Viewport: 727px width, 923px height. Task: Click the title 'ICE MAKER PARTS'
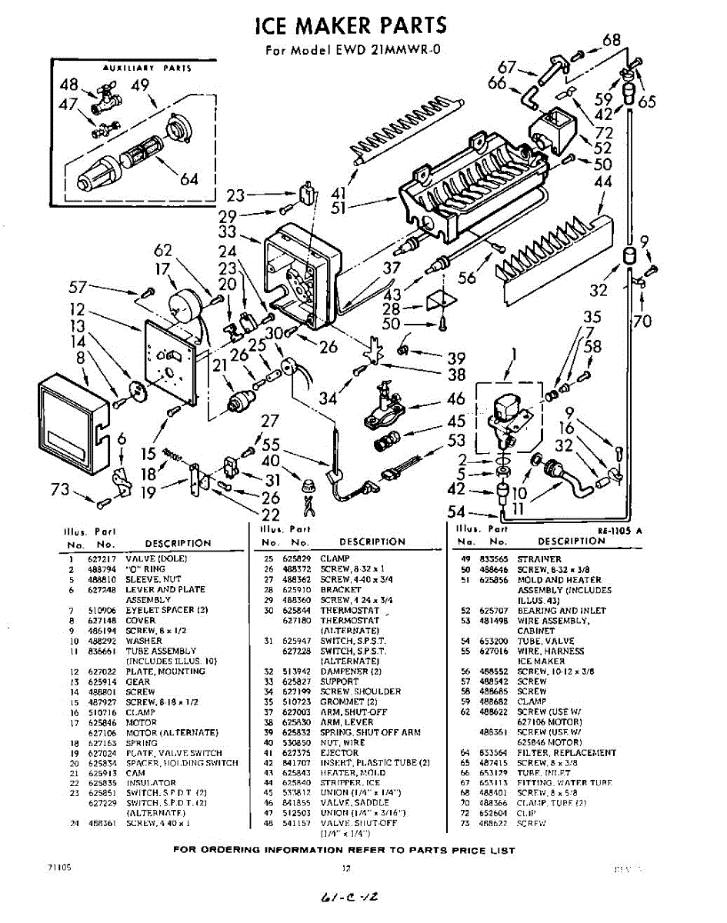pos(351,25)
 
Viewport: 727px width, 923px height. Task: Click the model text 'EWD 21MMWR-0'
pos(389,52)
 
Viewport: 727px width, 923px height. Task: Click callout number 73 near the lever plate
pos(59,490)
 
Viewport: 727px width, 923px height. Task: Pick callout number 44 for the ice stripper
pos(603,182)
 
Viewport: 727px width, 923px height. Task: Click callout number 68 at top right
pos(612,40)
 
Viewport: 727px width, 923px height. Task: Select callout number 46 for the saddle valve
pos(456,398)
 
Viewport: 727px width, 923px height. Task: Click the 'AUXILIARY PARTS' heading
pos(147,68)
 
